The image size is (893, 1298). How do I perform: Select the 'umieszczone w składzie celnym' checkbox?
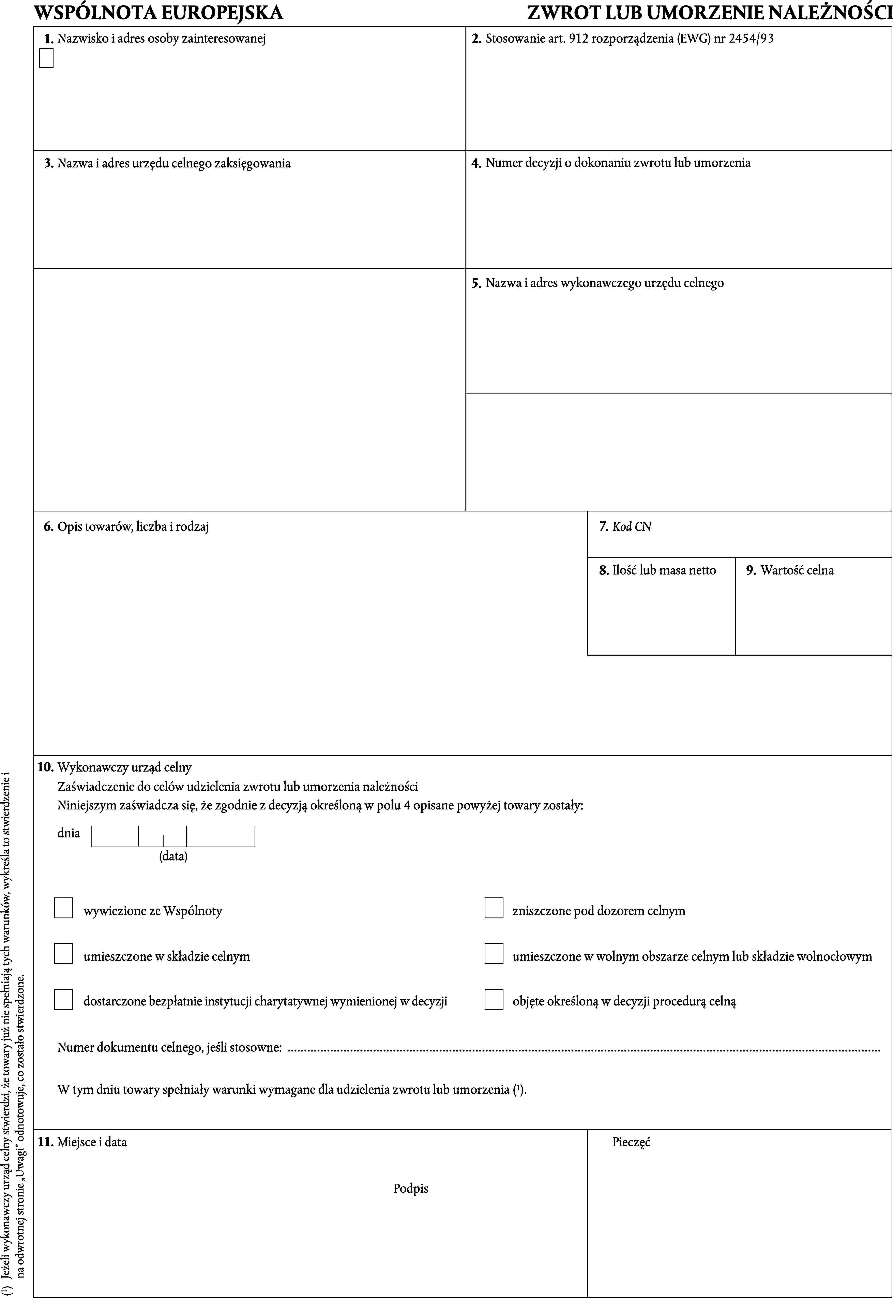pos(63,953)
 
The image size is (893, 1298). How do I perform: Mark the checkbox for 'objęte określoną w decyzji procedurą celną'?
pos(494,999)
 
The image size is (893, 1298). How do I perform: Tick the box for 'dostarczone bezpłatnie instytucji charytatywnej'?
pos(63,999)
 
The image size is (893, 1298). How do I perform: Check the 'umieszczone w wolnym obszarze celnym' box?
pos(494,953)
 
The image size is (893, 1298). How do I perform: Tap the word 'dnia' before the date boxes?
pos(69,833)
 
